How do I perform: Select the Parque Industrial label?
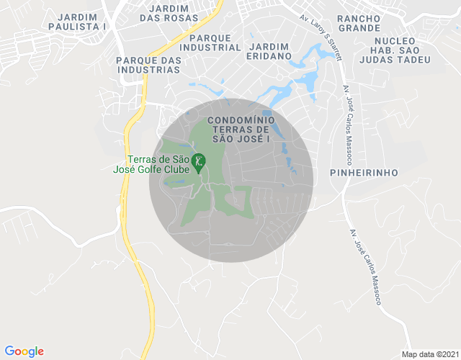pyautogui.click(x=212, y=42)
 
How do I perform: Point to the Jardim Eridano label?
pyautogui.click(x=268, y=51)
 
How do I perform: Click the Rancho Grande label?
pyautogui.click(x=358, y=22)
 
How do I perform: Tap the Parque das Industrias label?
pyautogui.click(x=148, y=65)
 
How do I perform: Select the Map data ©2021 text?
pyautogui.click(x=429, y=354)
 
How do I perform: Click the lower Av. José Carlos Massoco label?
pyautogui.click(x=366, y=266)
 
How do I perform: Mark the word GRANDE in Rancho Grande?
pyautogui.click(x=358, y=28)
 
